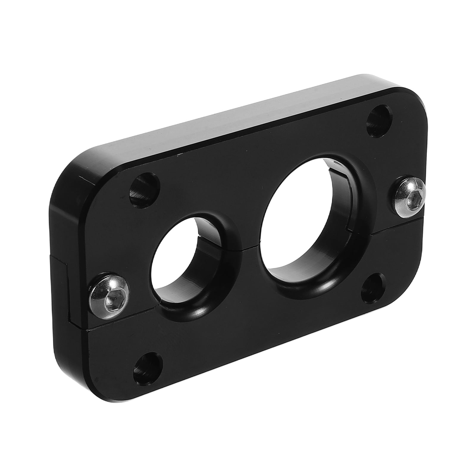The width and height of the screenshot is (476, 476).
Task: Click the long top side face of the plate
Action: pyautogui.click(x=238, y=119)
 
